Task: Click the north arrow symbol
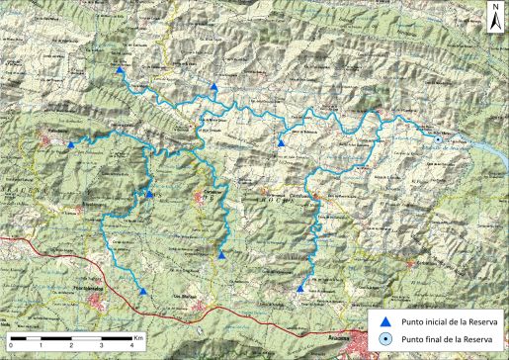492,13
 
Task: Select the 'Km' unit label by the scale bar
142,338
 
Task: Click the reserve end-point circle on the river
437,140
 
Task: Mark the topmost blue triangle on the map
119,71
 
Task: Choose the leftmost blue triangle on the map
70,145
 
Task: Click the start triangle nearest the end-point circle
281,144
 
